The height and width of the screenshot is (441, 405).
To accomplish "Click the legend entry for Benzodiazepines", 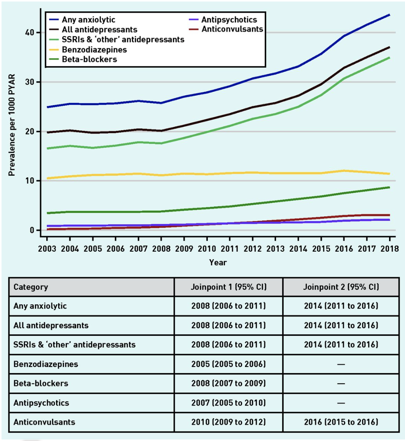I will click(x=94, y=50).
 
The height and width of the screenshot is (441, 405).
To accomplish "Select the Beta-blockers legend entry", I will click(x=89, y=59).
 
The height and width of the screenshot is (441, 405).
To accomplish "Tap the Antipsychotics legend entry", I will click(x=229, y=20).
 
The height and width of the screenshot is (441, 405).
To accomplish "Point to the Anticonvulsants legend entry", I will click(x=232, y=29).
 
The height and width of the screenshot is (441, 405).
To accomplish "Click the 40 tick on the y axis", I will click(x=30, y=33).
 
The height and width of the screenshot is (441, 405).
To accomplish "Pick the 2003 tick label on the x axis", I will click(x=47, y=249).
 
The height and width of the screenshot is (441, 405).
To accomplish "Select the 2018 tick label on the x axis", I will click(x=389, y=249).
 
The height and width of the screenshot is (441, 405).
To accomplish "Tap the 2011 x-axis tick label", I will click(x=229, y=249).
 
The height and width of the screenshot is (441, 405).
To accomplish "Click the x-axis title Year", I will click(x=218, y=262).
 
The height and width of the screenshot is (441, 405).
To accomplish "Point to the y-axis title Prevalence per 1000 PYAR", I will click(x=12, y=125).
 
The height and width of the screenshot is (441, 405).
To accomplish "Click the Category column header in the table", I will click(x=31, y=287).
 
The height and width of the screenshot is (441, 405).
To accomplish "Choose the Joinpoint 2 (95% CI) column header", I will click(x=341, y=287).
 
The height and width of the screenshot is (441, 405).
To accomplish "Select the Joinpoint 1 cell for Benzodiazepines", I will click(x=228, y=364).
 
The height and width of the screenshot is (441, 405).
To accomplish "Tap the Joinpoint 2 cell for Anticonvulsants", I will click(x=341, y=422).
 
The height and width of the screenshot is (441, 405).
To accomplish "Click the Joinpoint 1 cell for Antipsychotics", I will click(x=228, y=403).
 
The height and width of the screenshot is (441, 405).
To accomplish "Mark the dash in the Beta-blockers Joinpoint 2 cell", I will click(x=341, y=383).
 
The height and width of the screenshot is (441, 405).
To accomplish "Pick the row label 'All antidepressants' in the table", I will click(x=51, y=325).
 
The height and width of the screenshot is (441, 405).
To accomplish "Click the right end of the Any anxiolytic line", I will click(x=389, y=15).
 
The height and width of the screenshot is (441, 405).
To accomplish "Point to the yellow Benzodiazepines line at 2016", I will click(x=344, y=170).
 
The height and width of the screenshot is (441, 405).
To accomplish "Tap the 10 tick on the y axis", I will click(x=30, y=181).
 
